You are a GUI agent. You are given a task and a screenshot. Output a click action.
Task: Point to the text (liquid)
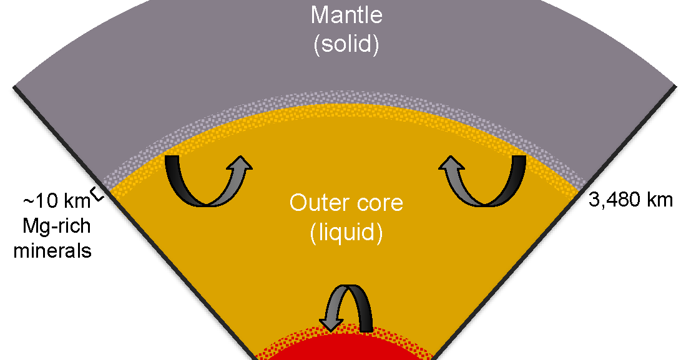[345, 233]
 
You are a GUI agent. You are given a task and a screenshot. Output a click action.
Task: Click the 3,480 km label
[630, 200]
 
